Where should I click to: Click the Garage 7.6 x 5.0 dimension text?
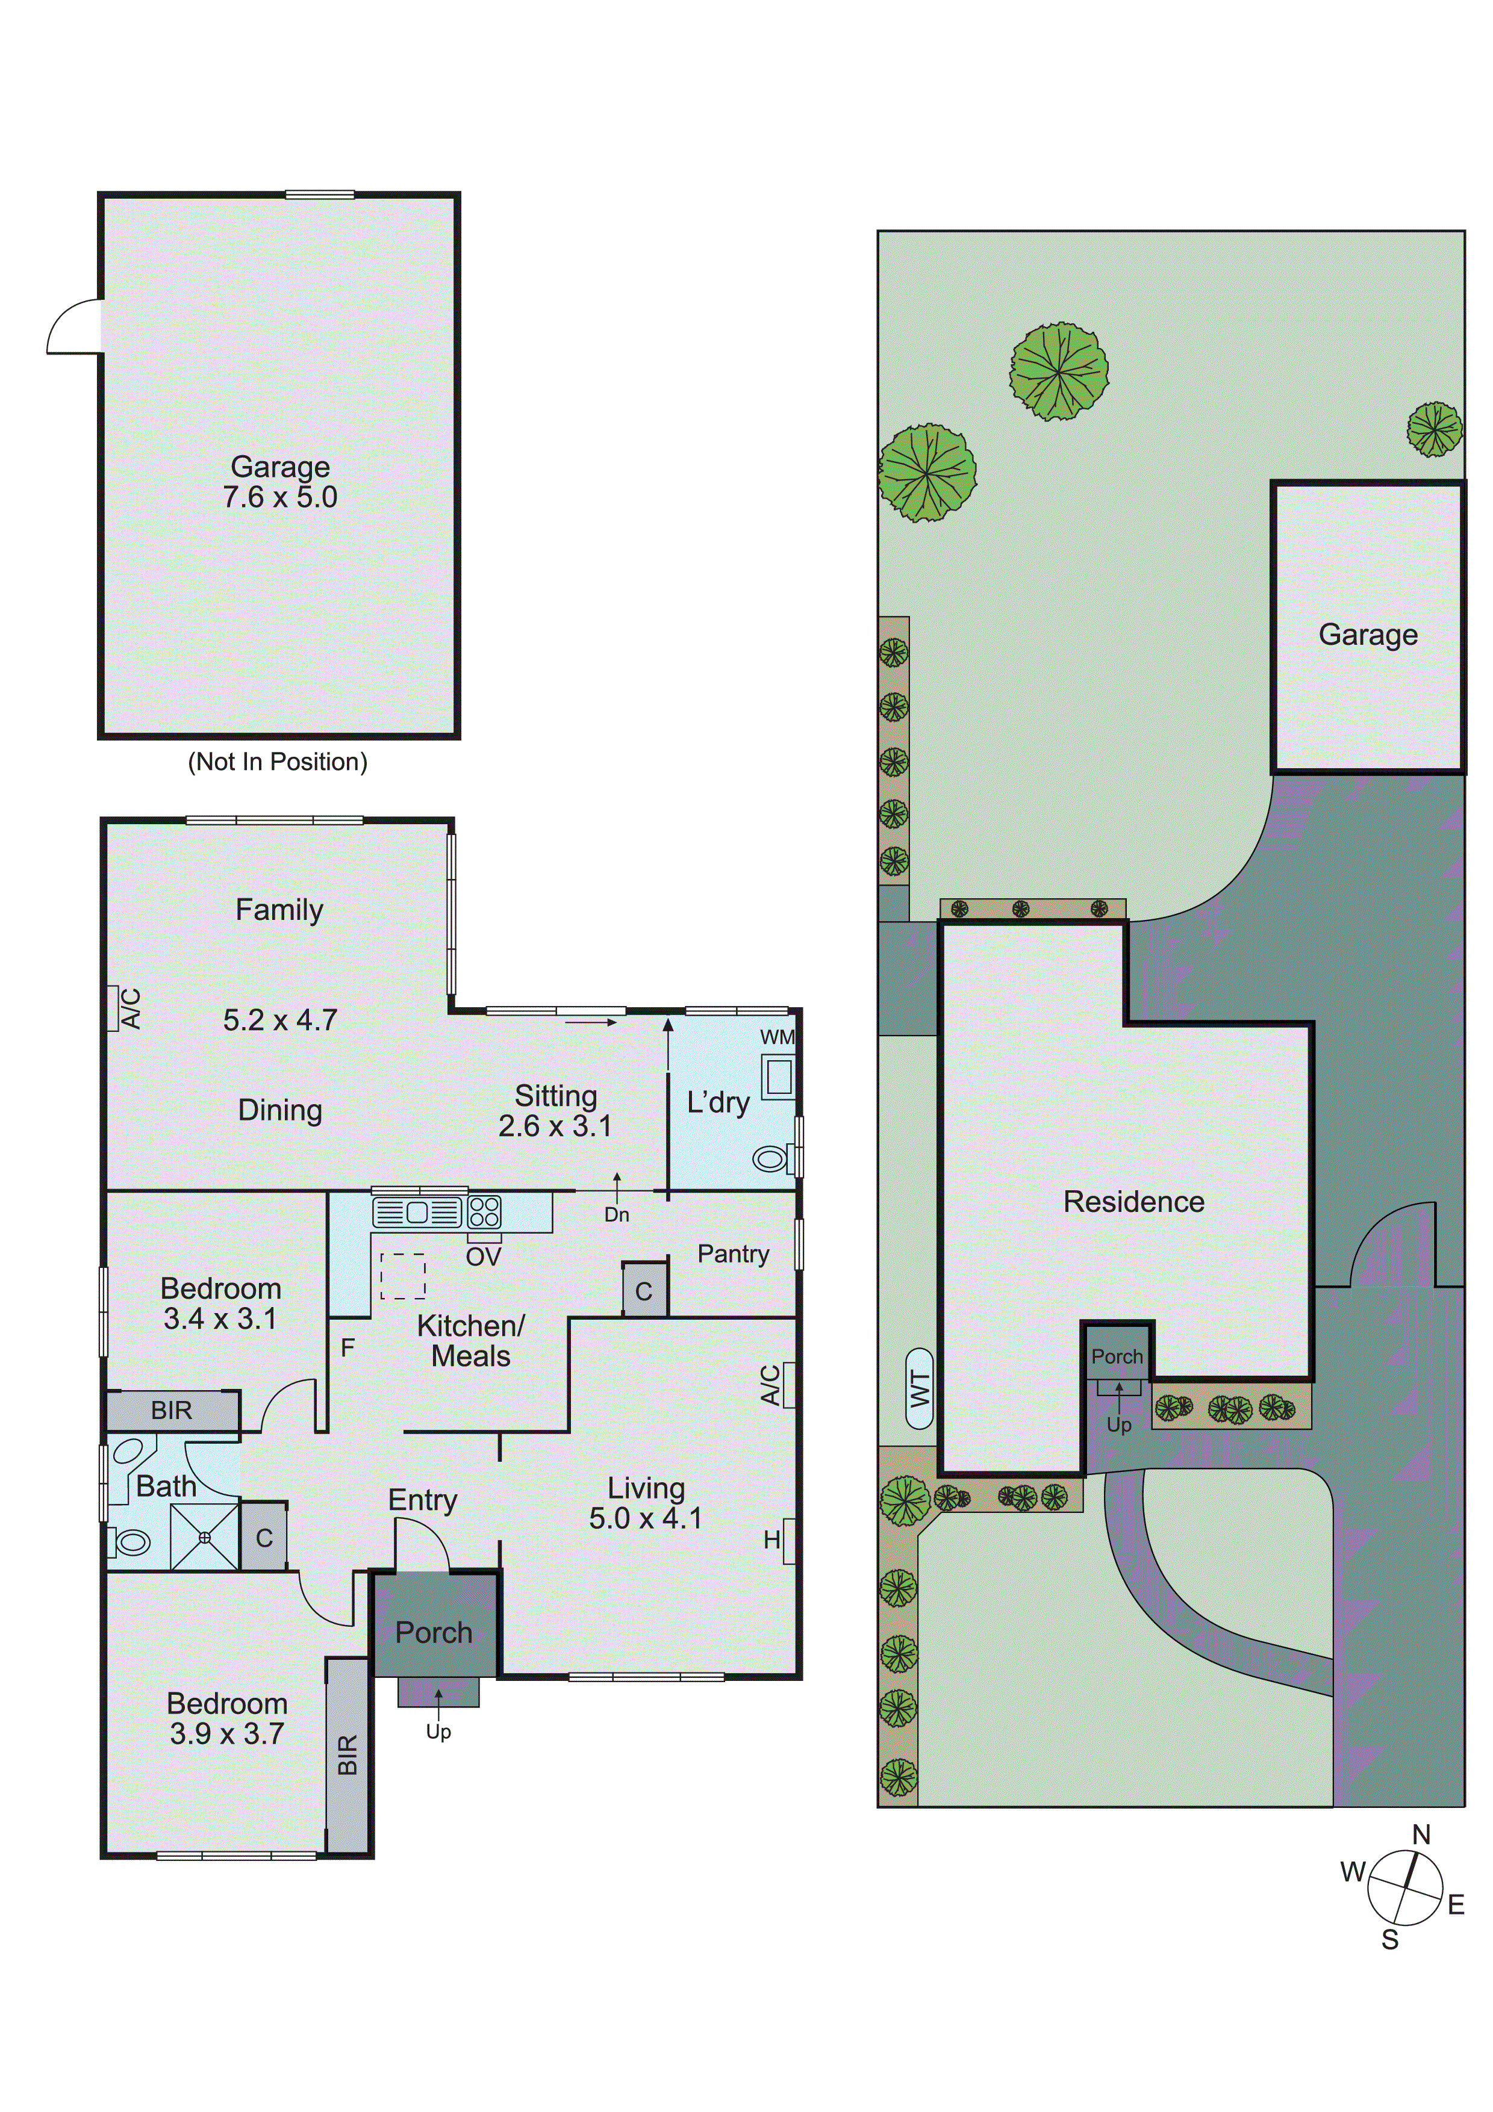tap(279, 498)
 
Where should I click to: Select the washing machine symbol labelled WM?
tap(778, 1075)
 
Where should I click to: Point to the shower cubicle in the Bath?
tap(204, 1536)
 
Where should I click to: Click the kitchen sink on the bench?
tap(417, 1213)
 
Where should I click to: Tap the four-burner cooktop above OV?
tap(485, 1213)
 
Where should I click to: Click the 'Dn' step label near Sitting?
tap(616, 1215)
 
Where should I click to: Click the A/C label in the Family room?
tap(131, 1008)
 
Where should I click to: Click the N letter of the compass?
tap(1421, 1835)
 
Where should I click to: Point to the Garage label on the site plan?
tap(1367, 635)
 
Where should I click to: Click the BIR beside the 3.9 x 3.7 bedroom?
tap(348, 1754)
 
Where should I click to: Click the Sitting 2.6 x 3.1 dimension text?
tap(555, 1125)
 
